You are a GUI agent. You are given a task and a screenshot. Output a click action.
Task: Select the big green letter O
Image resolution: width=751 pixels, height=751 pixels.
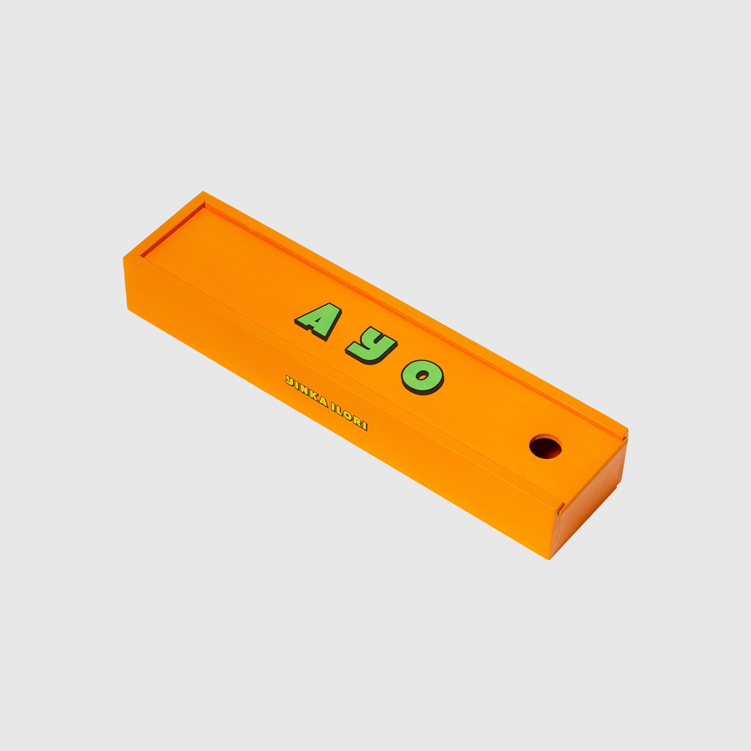pyautogui.click(x=422, y=376)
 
